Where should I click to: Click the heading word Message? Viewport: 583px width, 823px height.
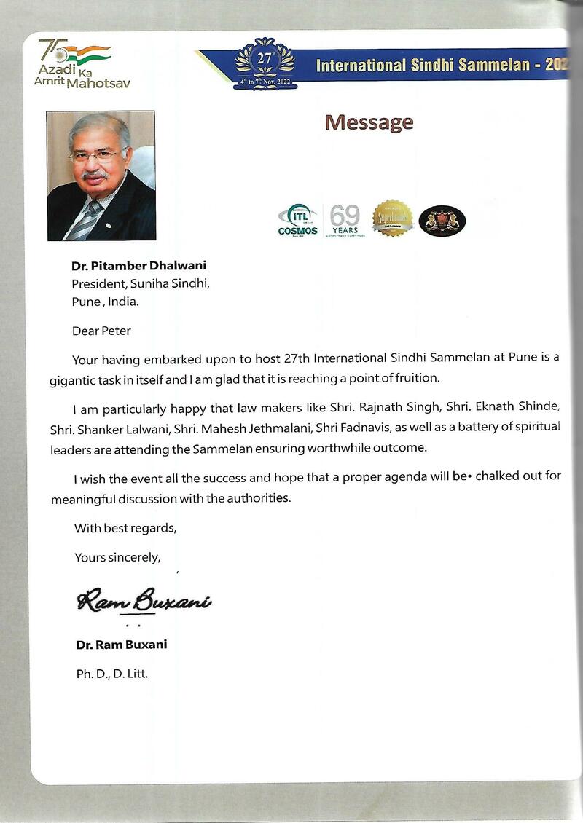point(369,122)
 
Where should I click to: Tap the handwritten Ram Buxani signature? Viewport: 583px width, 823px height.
point(144,601)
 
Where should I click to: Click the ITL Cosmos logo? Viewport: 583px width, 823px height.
point(298,220)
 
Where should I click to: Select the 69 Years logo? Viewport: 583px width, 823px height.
point(344,220)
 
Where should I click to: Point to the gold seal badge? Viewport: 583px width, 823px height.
point(393,218)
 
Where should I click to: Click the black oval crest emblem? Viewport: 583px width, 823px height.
point(442,220)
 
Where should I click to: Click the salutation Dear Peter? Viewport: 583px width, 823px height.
point(101,331)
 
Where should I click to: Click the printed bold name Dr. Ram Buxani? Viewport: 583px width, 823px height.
point(122,645)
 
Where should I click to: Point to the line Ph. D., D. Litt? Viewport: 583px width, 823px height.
point(112,674)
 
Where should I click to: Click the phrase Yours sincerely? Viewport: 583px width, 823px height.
point(117,557)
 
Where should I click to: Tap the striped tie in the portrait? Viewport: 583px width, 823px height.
point(86,219)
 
